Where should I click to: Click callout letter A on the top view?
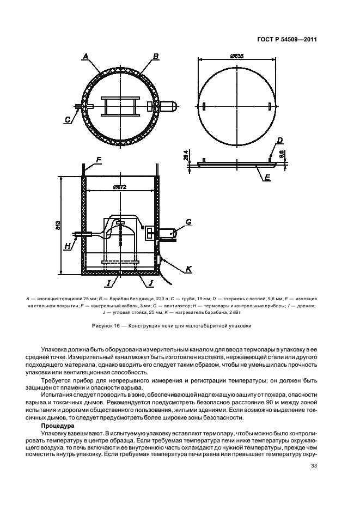85,56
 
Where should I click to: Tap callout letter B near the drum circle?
155,56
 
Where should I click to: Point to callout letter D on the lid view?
279,140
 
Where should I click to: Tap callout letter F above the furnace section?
99,160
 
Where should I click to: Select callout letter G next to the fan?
188,222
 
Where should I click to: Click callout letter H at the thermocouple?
68,246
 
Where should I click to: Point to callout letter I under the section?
109,283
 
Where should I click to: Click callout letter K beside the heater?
189,269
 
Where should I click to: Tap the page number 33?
314,466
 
